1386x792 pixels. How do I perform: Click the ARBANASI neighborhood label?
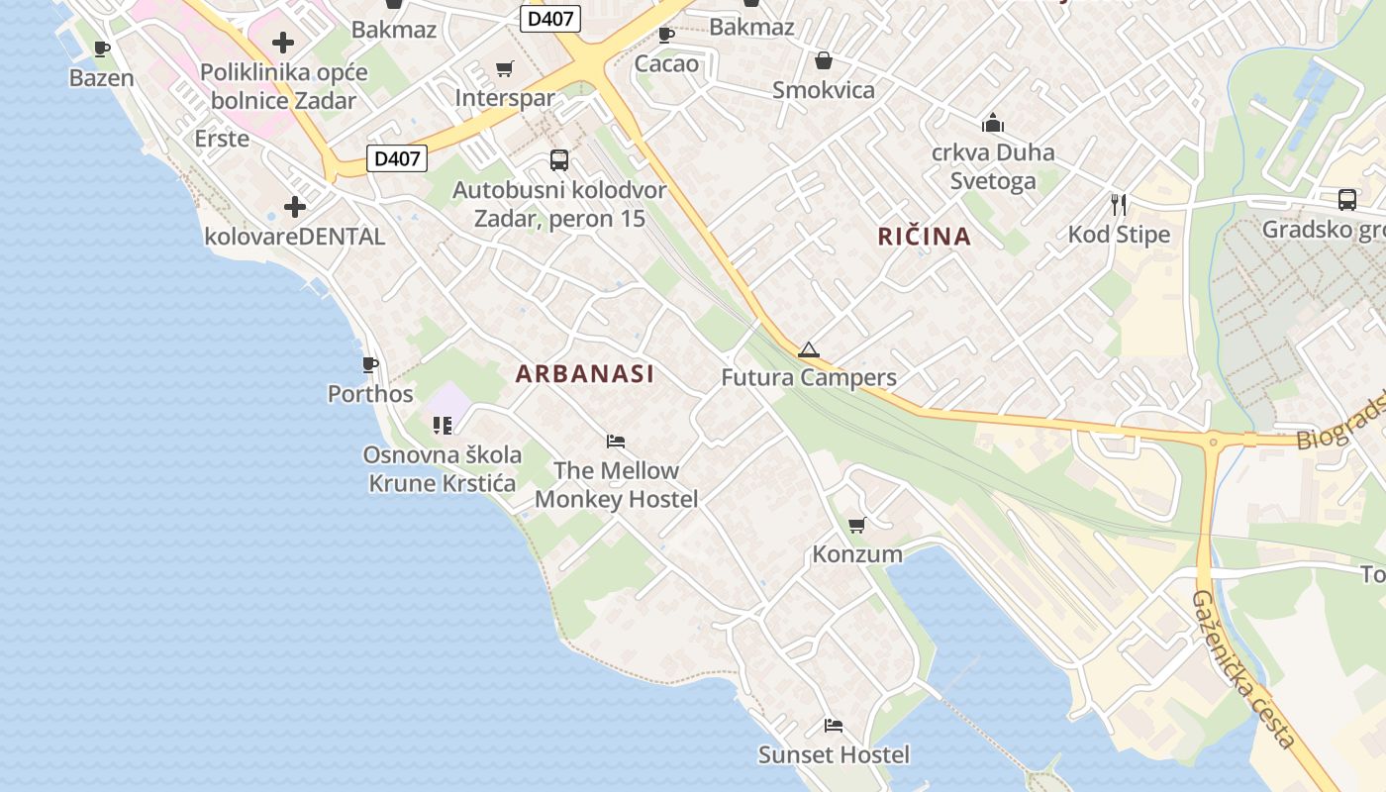[584, 373]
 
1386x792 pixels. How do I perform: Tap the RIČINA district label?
[924, 237]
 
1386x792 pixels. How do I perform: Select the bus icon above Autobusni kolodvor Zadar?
[559, 159]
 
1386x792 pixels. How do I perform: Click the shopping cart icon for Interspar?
[505, 68]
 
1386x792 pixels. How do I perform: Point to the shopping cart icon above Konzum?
[856, 525]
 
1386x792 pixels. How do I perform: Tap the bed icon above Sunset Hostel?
[834, 726]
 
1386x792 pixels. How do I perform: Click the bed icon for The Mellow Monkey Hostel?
[616, 441]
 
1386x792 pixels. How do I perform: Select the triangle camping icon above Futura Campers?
[809, 349]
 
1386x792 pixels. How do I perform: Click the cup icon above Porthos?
[370, 365]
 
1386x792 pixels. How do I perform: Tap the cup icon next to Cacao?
[666, 36]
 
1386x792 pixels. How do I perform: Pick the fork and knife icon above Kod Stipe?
[1119, 205]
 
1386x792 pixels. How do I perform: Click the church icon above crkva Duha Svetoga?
[992, 124]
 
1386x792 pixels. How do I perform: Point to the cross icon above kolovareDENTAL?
[294, 207]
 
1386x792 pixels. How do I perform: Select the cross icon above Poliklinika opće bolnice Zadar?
[283, 43]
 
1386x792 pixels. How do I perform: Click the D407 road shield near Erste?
[397, 157]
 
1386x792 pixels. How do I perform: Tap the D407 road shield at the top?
[550, 18]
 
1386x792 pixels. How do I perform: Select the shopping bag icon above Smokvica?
[823, 61]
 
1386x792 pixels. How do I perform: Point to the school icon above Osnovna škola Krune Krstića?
[442, 426]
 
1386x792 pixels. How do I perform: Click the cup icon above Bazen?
[101, 49]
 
